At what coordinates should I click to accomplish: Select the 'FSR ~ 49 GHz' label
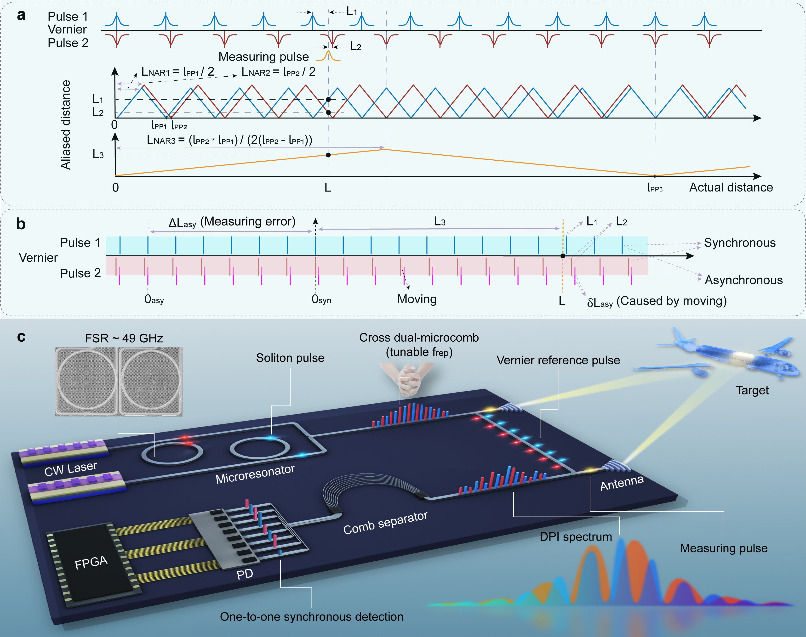(124, 338)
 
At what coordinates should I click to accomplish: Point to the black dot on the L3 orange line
(328, 155)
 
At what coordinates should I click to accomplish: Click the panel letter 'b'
(21, 224)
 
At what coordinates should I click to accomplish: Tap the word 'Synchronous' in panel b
(740, 243)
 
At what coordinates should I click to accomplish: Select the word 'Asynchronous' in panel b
(743, 280)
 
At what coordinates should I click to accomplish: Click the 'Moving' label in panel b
(417, 299)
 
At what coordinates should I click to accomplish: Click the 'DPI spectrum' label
(576, 537)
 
